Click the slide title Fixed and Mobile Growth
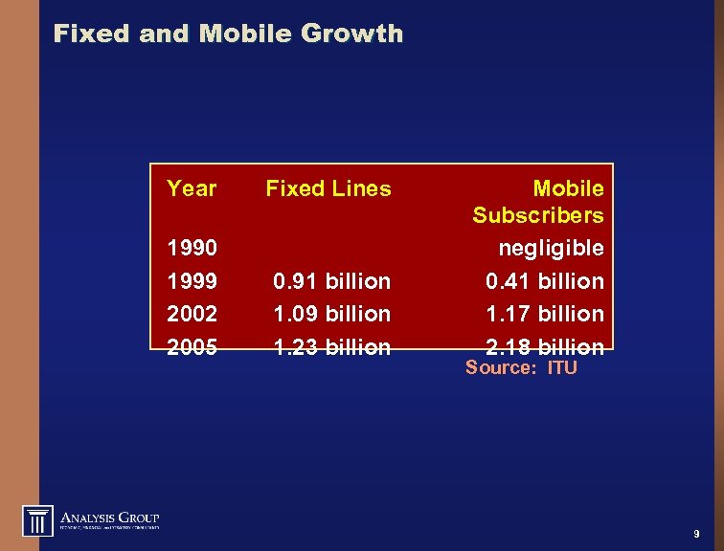tap(228, 34)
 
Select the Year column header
tap(192, 188)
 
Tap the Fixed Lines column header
tap(328, 188)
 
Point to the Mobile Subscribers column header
tap(538, 202)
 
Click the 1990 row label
tap(192, 249)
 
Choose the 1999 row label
tap(192, 281)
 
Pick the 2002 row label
tap(192, 314)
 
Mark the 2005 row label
tap(192, 346)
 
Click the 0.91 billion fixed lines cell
tap(331, 281)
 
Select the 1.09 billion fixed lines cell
tap(331, 314)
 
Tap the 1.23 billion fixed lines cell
tap(331, 346)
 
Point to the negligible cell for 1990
tap(551, 249)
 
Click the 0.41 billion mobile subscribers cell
tap(544, 281)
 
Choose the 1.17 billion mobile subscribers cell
tap(544, 314)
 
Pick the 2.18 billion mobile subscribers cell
tap(544, 346)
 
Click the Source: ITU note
tap(521, 367)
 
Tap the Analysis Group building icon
tap(38, 519)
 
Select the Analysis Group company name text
tap(110, 517)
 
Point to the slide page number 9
tap(695, 534)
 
